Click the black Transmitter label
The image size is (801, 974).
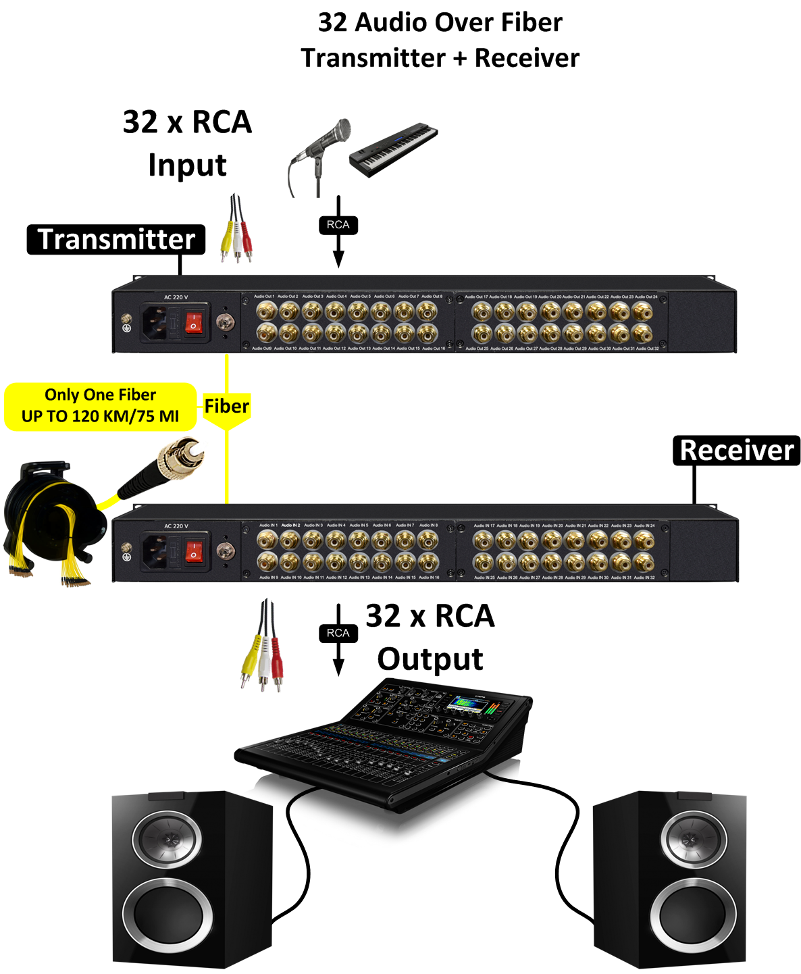coord(115,240)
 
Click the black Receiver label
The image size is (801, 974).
coord(736,451)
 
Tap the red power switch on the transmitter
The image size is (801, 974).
coord(195,322)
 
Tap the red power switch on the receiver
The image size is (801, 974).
coord(195,550)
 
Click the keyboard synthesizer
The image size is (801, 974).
coord(393,149)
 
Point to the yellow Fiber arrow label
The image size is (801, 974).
coord(226,407)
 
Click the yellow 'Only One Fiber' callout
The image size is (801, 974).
coord(100,406)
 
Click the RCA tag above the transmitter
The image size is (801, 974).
coord(338,225)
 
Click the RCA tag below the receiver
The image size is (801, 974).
coord(338,633)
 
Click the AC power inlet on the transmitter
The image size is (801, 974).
coord(155,322)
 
